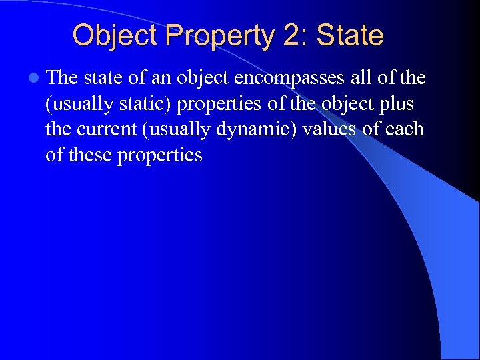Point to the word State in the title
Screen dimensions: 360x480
(x=350, y=35)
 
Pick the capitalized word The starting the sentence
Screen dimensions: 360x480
(x=63, y=78)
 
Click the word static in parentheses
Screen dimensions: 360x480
(x=151, y=104)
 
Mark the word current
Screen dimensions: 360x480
(x=109, y=129)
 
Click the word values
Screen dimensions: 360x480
(x=329, y=129)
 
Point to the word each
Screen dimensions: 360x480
(x=405, y=129)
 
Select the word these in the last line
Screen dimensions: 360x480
(x=89, y=155)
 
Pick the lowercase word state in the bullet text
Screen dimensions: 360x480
(x=103, y=78)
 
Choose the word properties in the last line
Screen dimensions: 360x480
(x=160, y=156)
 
